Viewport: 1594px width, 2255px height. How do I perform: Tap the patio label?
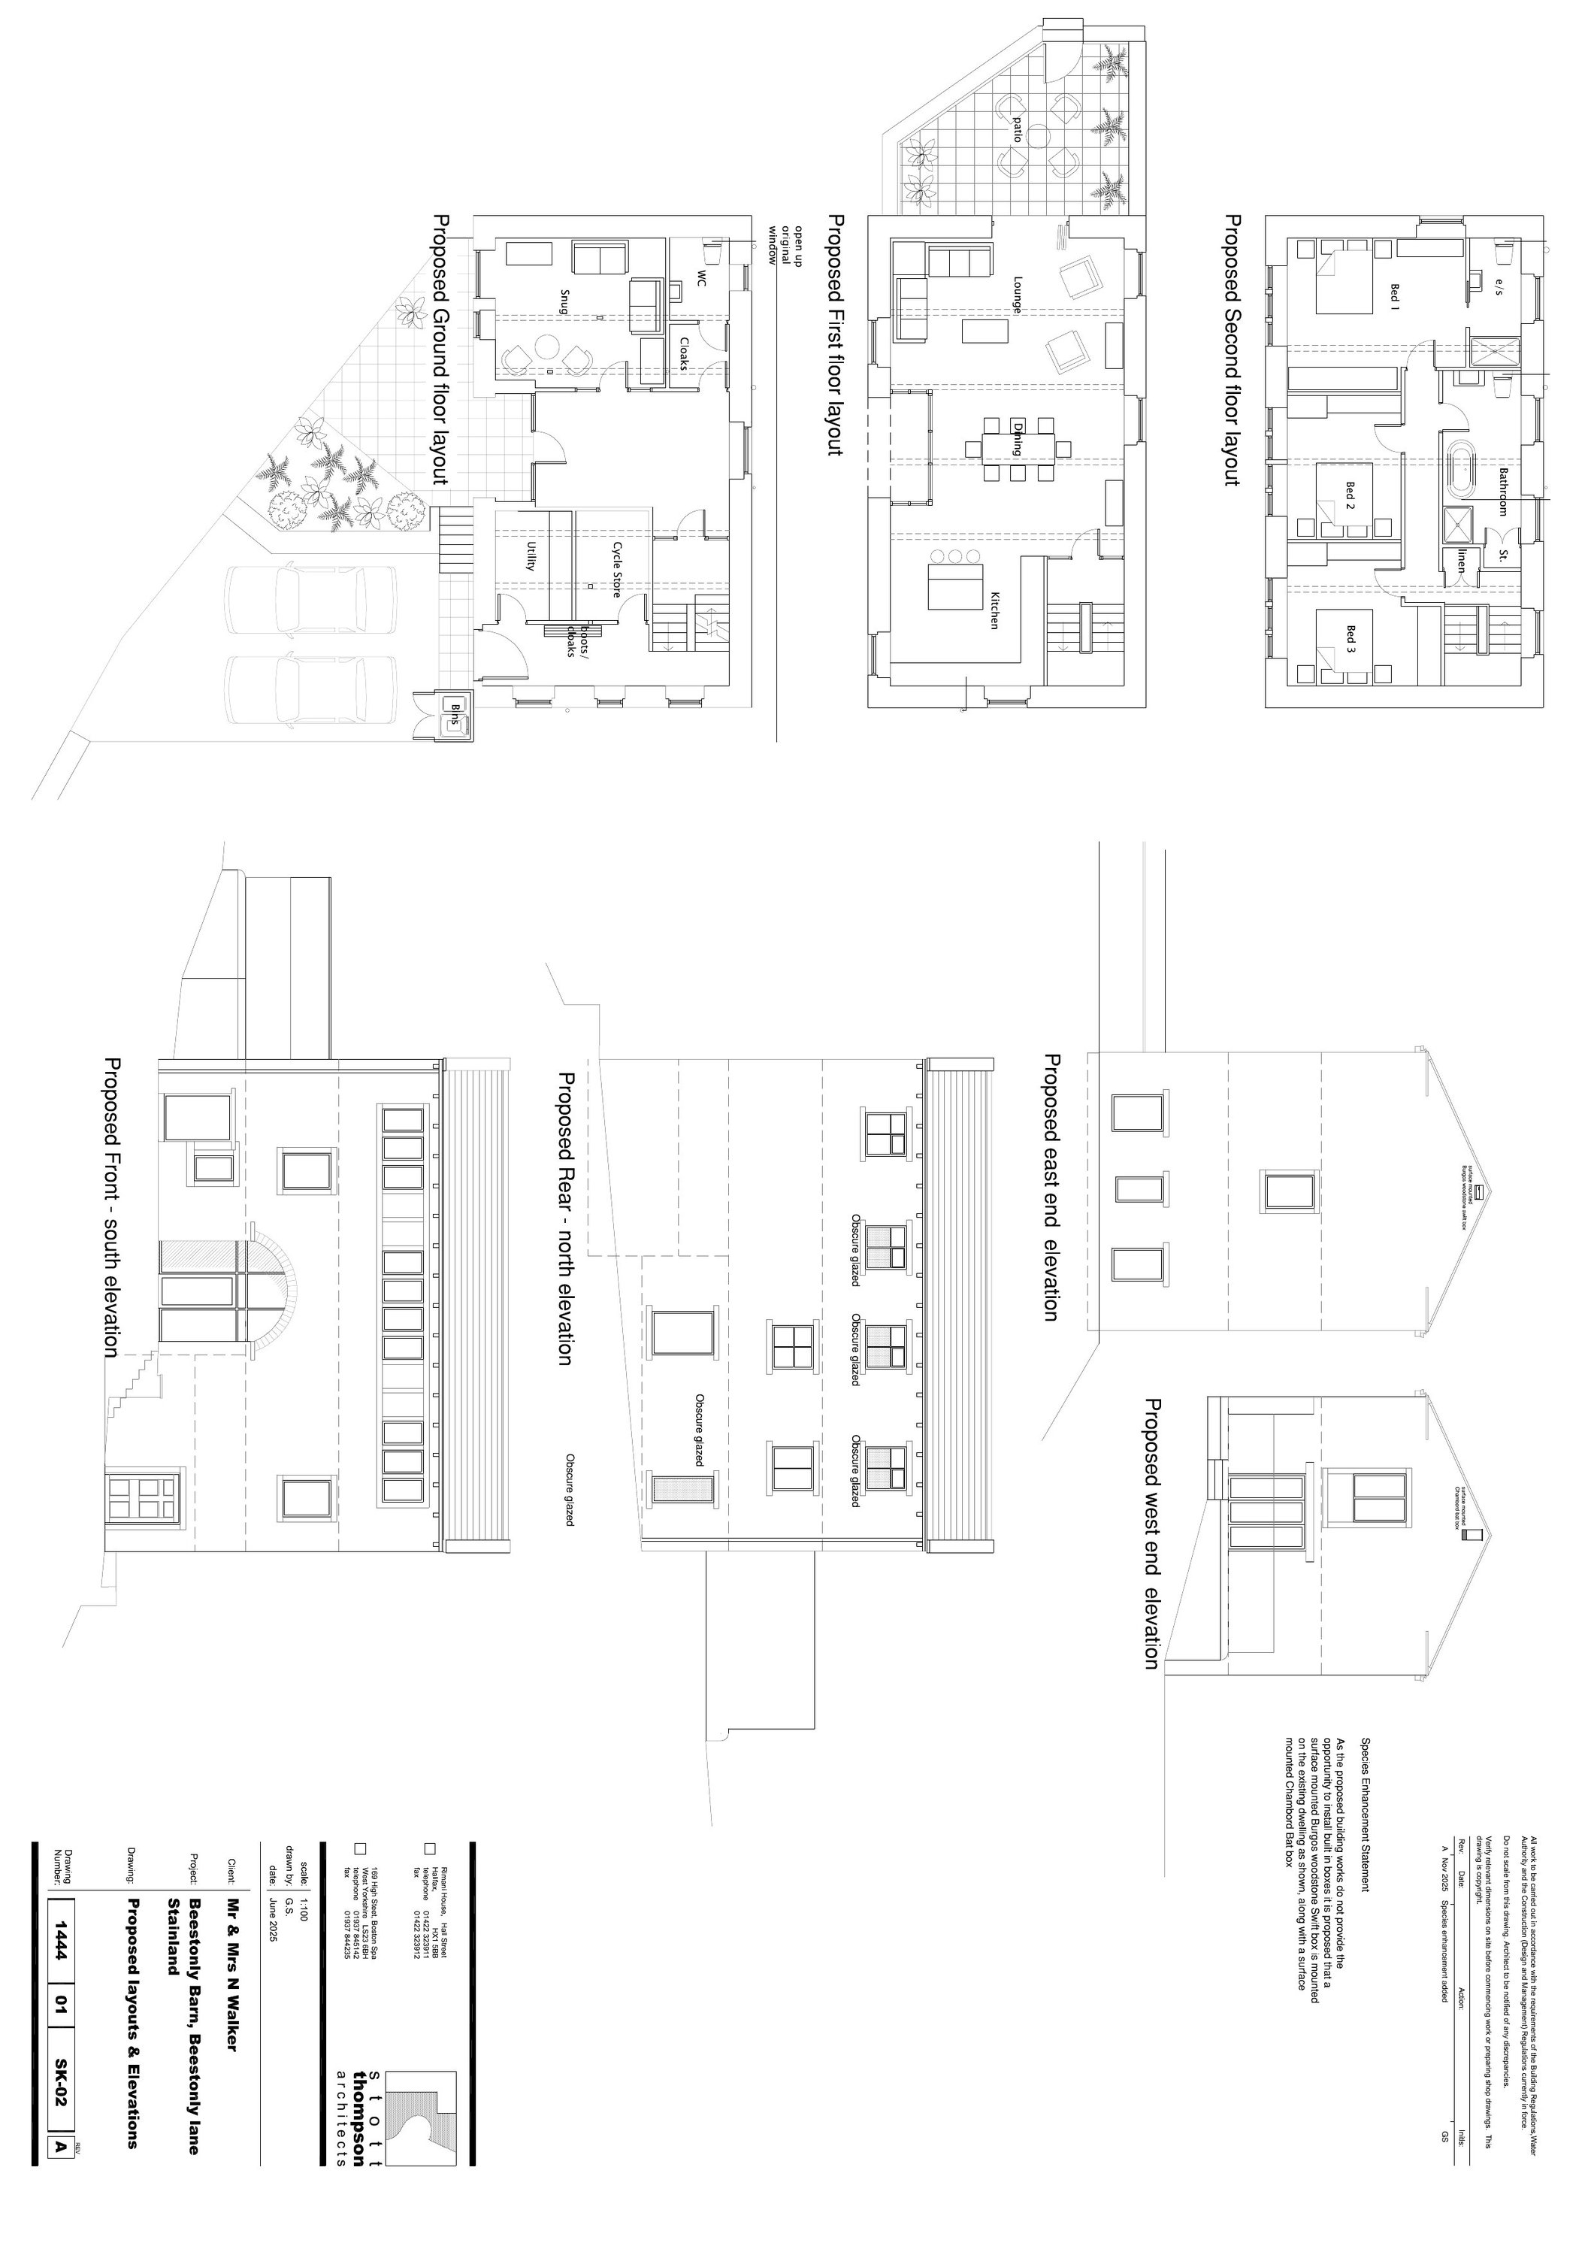pyautogui.click(x=1018, y=129)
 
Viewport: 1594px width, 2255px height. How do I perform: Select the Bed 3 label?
pyautogui.click(x=1351, y=640)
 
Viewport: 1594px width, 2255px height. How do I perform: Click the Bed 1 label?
pyautogui.click(x=1393, y=295)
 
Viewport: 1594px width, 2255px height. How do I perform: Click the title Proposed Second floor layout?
pyautogui.click(x=1232, y=350)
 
